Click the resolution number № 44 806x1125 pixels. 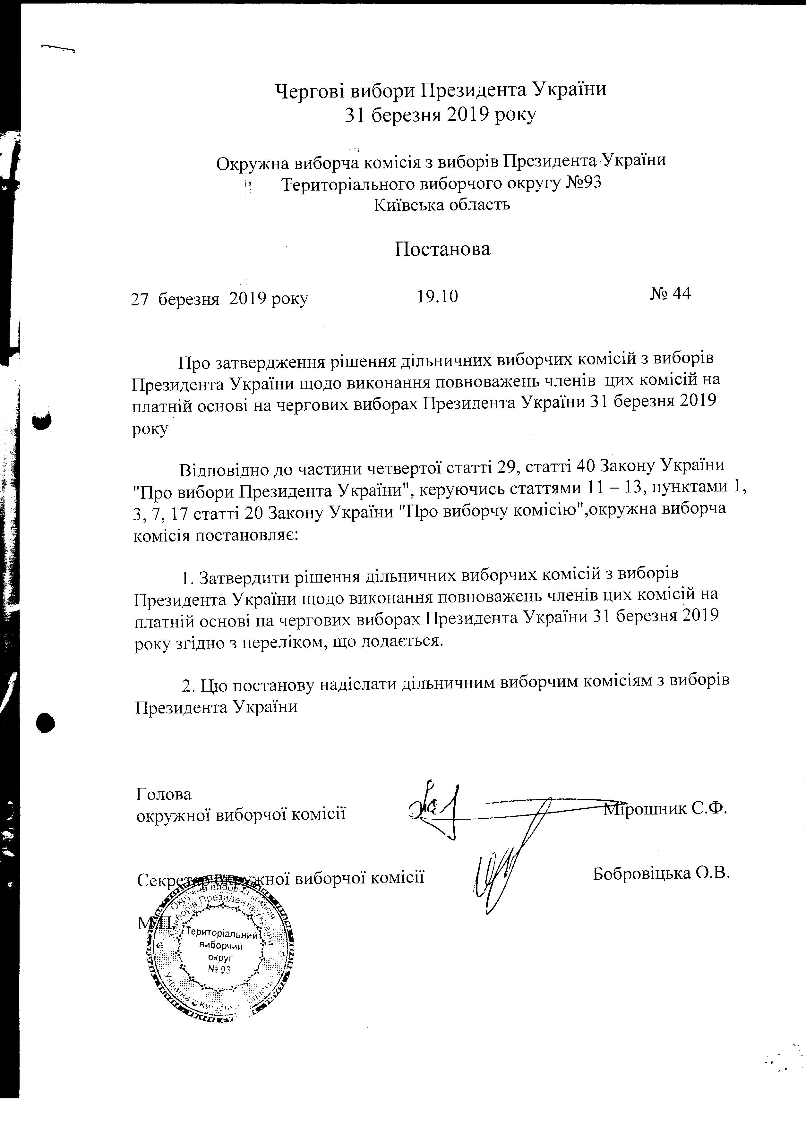(x=670, y=294)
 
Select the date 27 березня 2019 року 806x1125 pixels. (x=219, y=299)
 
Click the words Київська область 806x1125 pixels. (x=442, y=204)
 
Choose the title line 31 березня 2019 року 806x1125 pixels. (x=441, y=115)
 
